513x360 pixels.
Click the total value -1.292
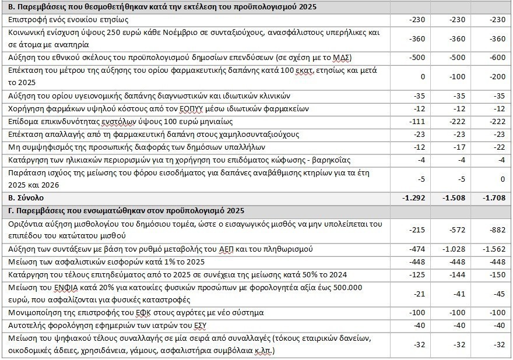point(415,198)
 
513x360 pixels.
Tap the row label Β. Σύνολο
point(23,198)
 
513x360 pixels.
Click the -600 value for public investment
point(497,57)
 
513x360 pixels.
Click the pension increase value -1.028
point(455,249)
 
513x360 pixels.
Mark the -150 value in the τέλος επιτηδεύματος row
point(497,274)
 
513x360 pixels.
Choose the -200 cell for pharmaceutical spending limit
point(497,76)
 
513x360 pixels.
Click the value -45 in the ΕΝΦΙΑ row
point(499,294)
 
